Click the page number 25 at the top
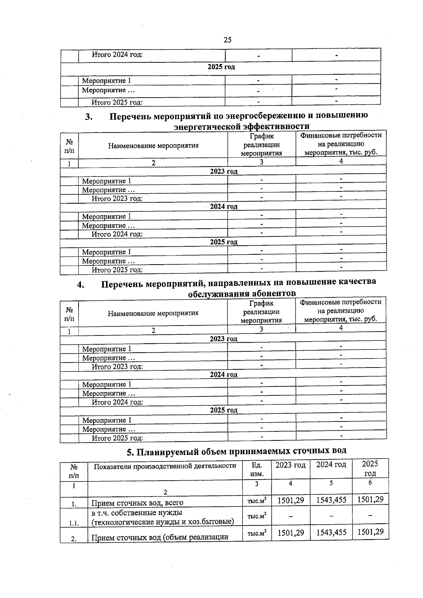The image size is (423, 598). pos(227,40)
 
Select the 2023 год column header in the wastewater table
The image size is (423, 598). pos(290,465)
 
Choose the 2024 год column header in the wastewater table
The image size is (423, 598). pos(331,464)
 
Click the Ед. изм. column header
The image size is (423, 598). pos(257,469)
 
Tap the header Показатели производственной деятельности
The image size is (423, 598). pos(165,466)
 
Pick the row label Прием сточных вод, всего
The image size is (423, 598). pos(137,503)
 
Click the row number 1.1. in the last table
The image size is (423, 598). pos(74,523)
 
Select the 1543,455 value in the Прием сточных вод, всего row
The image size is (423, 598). pos(331,500)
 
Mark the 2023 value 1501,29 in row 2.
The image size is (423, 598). pos(290,532)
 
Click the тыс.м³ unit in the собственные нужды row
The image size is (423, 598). pos(257,516)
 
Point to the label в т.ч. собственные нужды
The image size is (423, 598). pos(137,512)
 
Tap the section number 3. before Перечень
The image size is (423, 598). pos(89,117)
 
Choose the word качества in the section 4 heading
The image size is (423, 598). pos(357,282)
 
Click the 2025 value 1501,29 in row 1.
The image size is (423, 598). pos(370,499)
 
